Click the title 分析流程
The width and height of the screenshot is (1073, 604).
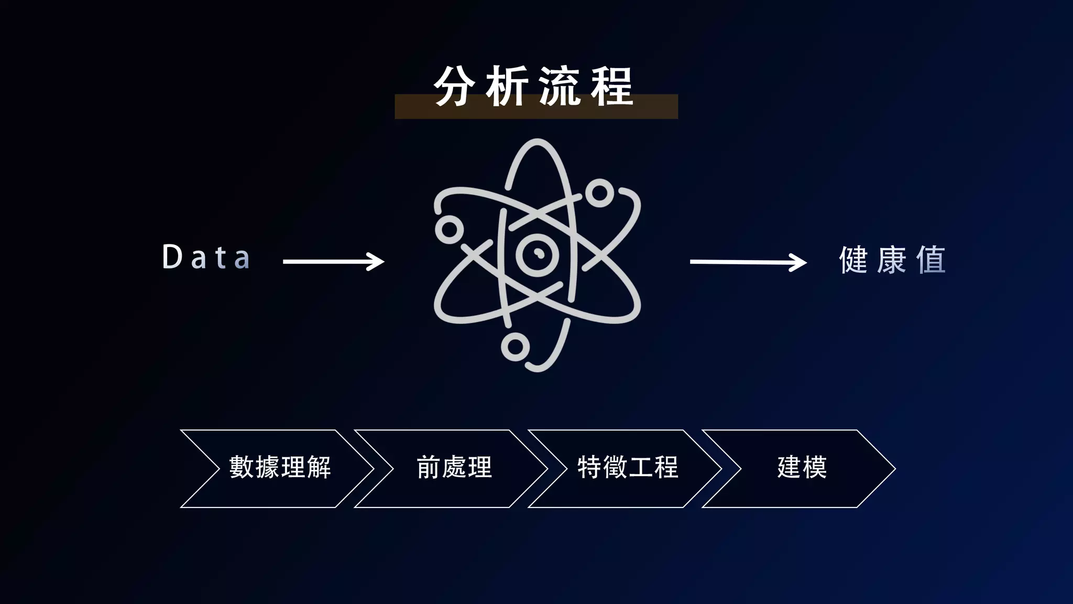point(534,87)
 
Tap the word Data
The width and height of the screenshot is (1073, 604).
point(206,257)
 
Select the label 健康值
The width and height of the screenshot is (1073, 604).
point(892,260)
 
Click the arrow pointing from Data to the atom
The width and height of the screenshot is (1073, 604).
point(333,261)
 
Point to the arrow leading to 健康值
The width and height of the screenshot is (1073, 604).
point(748,262)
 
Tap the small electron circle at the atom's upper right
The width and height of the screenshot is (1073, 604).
point(599,193)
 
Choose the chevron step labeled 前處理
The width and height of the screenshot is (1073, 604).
point(454,468)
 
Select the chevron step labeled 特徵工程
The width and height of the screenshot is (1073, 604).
point(628,468)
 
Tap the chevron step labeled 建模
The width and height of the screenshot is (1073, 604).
point(802,468)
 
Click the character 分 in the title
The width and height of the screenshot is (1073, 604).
point(454,87)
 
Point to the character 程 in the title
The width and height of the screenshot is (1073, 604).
point(612,87)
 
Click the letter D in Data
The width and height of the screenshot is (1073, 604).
point(172,257)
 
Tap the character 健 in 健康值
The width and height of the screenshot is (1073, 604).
point(853,260)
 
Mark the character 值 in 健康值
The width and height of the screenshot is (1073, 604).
point(931,260)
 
